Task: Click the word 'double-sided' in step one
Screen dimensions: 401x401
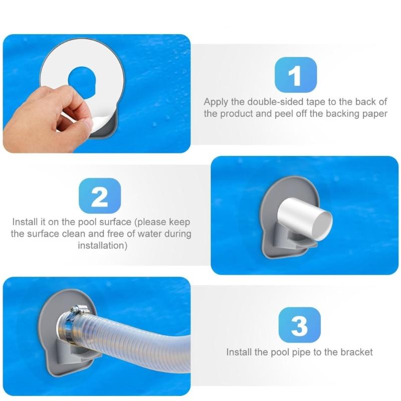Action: (x=266, y=102)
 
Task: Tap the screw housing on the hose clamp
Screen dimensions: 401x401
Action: (x=77, y=311)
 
